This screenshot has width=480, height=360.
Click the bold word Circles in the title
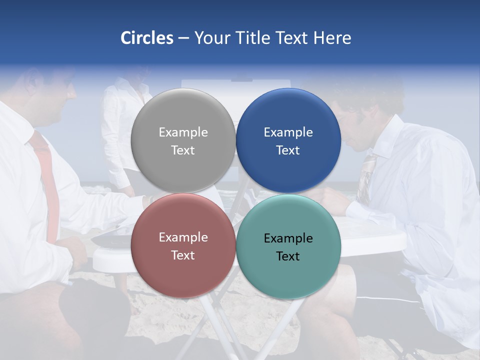(x=146, y=38)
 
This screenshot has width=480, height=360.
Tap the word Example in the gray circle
(x=183, y=132)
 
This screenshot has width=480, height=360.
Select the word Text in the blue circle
(x=288, y=150)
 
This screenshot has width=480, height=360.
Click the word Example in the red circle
(x=183, y=237)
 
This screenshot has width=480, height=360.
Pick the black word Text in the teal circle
(x=288, y=256)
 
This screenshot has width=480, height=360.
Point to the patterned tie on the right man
(x=367, y=175)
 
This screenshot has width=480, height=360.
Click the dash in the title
(x=183, y=38)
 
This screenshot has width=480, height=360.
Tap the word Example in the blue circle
(x=288, y=132)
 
